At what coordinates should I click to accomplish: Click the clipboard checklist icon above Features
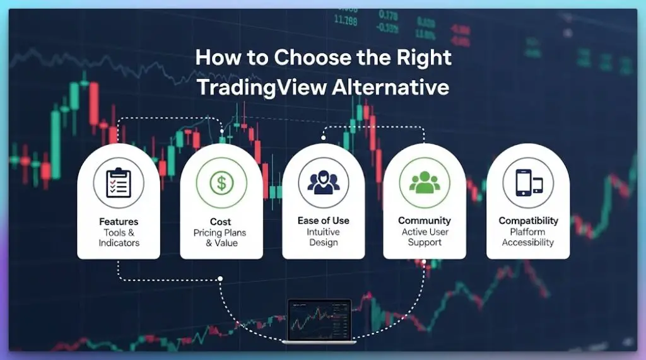point(119,183)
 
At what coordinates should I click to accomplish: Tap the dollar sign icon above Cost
point(221,183)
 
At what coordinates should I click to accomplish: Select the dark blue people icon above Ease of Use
point(323,182)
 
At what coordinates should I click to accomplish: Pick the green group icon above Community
point(425,182)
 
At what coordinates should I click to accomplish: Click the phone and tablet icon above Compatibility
point(528,183)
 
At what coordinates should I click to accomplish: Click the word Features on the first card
point(119,222)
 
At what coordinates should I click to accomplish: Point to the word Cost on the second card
point(221,222)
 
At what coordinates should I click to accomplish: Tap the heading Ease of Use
point(323,221)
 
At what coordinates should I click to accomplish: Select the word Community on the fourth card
point(425,221)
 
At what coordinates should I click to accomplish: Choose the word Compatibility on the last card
point(528,221)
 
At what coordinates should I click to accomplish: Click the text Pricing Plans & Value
point(221,238)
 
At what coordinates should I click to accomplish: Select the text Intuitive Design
point(323,237)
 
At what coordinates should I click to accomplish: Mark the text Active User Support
point(425,237)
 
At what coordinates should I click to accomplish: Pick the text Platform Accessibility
point(528,237)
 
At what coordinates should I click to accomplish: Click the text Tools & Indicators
point(119,238)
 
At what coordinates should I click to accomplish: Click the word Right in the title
point(425,58)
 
